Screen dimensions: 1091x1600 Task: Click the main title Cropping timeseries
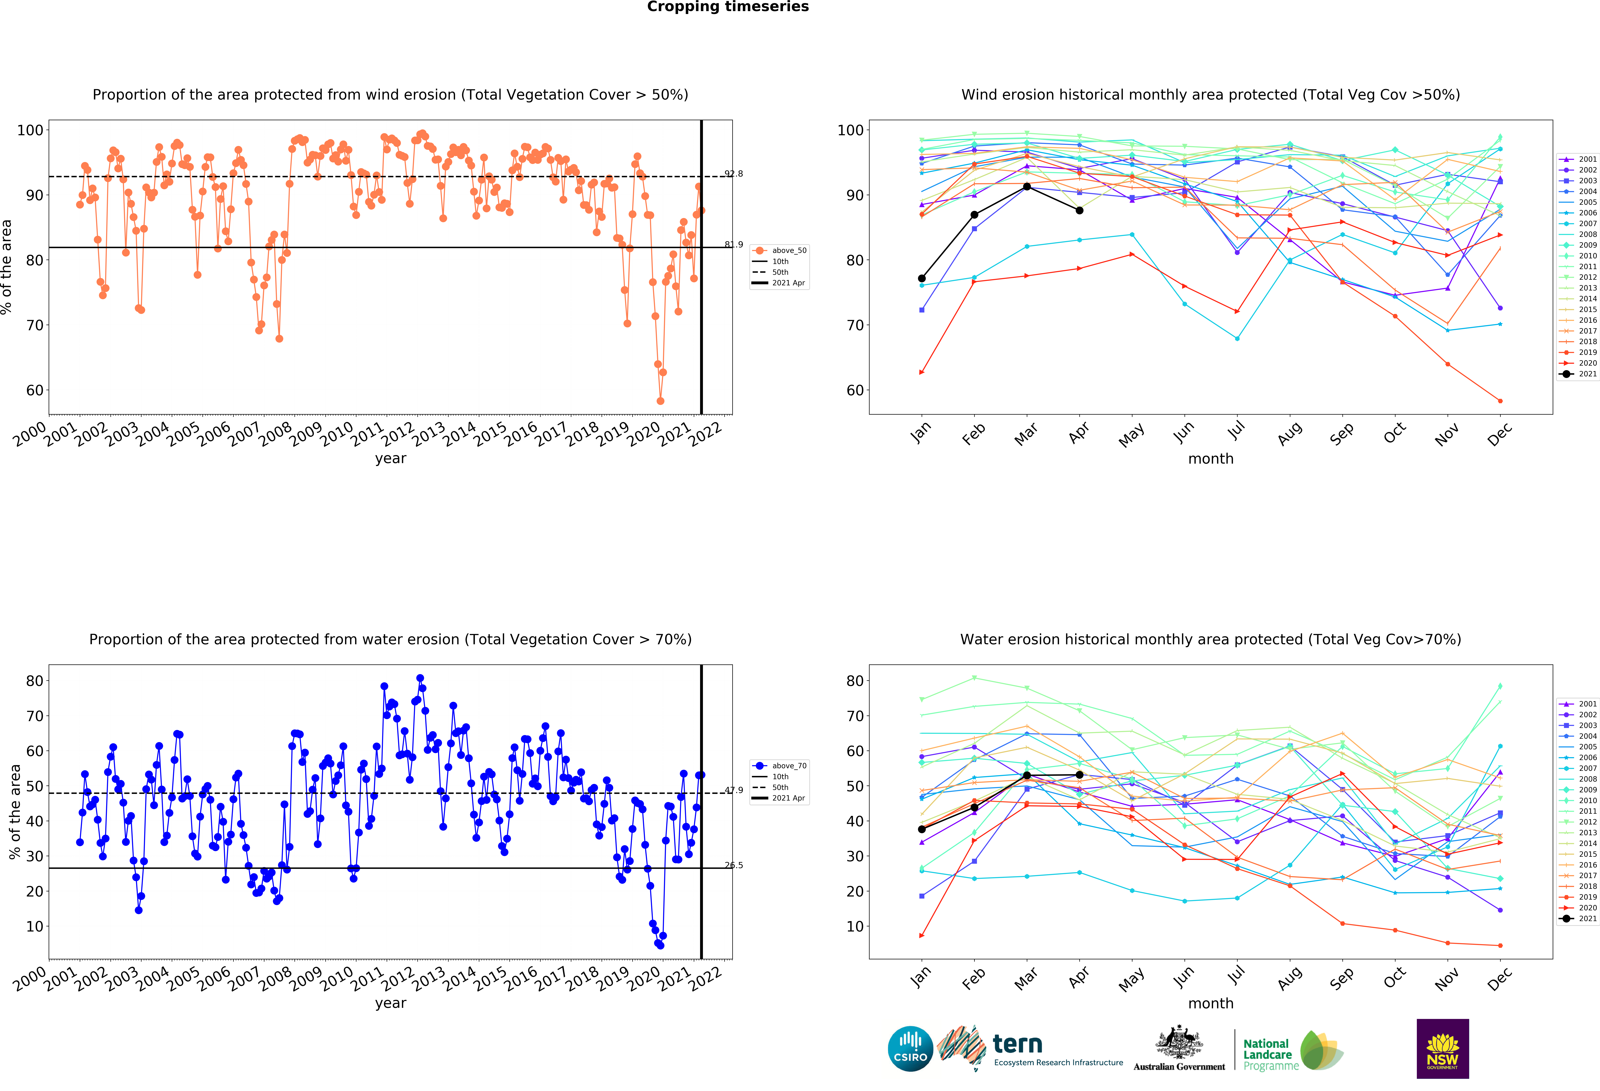728,7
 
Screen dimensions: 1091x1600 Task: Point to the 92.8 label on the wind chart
733,173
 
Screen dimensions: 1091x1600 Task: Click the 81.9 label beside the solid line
733,245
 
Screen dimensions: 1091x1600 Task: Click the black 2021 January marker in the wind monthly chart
922,278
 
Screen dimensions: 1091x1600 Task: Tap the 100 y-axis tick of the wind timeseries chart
30,130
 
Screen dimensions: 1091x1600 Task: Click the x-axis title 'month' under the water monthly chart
1210,1003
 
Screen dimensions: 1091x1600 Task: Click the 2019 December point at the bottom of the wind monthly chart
1500,401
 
